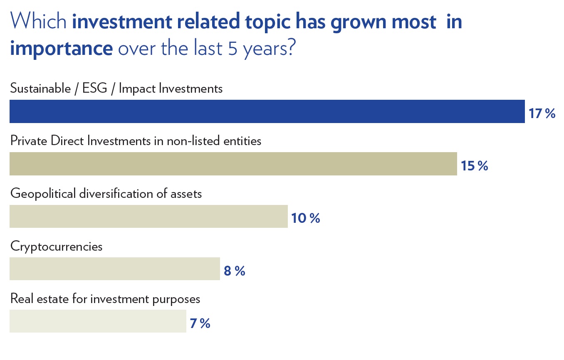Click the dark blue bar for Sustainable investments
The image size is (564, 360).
click(x=267, y=111)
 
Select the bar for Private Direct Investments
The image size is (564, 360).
click(x=233, y=164)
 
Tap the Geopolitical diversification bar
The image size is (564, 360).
click(x=148, y=216)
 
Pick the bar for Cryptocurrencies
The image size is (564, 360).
click(x=115, y=269)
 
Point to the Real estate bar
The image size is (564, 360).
click(x=98, y=321)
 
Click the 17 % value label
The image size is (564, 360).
click(x=542, y=113)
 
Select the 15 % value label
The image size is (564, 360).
click(x=474, y=166)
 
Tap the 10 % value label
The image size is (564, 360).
click(x=305, y=218)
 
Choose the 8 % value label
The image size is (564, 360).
click(x=235, y=271)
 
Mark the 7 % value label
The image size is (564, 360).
click(x=200, y=323)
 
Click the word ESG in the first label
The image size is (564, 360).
click(x=95, y=89)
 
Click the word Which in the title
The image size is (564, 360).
click(x=38, y=21)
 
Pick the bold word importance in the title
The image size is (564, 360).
click(x=61, y=48)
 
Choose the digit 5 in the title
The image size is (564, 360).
click(x=233, y=48)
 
